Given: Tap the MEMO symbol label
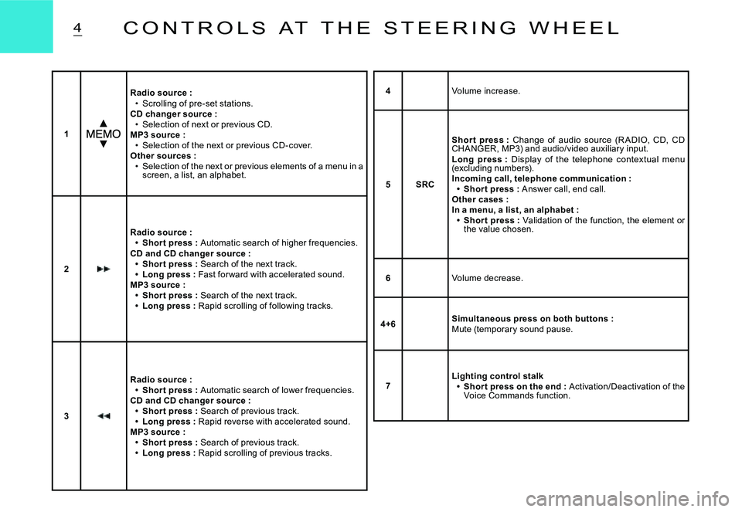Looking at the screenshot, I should point(103,134).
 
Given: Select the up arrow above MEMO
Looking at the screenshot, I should point(103,123).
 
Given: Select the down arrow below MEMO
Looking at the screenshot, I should point(103,144).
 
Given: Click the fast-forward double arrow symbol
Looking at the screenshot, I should point(104,269).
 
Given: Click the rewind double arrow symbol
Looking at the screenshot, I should point(104,416).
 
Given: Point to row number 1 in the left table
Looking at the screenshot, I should point(66,134).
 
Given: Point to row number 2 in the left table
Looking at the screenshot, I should point(66,270).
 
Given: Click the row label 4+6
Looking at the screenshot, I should point(388,324).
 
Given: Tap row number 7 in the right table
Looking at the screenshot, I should point(388,385).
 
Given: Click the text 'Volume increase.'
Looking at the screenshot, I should point(485,91).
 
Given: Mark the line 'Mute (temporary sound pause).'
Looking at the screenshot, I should point(512,329).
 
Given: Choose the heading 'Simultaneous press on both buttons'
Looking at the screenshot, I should point(532,318).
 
